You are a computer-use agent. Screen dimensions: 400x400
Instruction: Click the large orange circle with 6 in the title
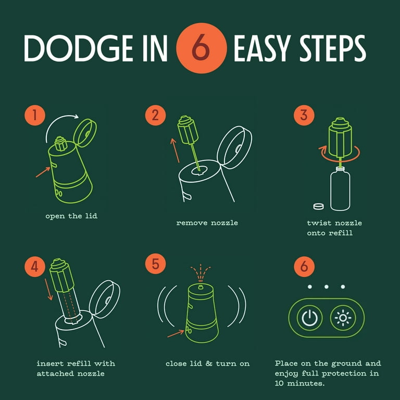pos(201,48)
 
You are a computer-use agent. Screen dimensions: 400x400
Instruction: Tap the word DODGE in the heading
pos(79,48)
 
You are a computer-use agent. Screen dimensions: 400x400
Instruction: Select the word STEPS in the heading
pos(333,48)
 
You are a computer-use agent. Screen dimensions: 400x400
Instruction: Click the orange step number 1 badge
pos(35,115)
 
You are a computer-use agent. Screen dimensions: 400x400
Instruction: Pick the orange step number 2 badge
pos(155,115)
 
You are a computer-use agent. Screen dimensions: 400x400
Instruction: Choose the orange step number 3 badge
pos(304,115)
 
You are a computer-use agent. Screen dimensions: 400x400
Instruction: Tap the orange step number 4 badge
pos(35,267)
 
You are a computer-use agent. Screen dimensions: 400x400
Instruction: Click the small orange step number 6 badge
pos(304,267)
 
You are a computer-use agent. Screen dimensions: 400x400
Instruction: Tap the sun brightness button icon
pos(343,318)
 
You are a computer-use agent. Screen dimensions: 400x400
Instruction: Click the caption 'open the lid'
pos(71,216)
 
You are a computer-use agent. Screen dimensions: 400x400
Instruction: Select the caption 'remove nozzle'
pos(207,223)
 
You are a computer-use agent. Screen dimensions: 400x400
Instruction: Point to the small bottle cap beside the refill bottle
pos(318,206)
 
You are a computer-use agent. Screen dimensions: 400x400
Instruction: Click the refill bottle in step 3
pos(340,189)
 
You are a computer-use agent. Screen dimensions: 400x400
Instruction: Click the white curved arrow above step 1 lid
pos(55,121)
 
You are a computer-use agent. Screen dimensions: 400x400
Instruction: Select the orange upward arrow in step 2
pos(175,150)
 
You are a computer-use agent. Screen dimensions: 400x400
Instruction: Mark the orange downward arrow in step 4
pos(48,289)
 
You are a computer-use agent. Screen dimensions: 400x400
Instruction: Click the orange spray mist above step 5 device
pos(201,273)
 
